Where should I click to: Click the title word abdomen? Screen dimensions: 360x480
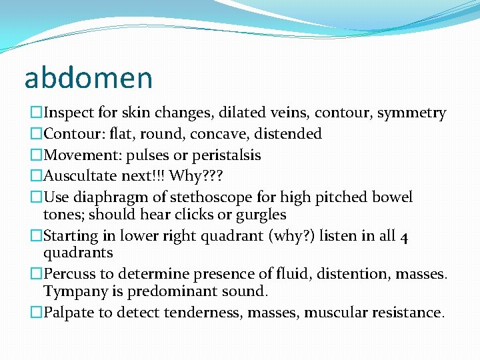(x=88, y=77)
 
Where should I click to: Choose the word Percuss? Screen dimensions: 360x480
(x=69, y=273)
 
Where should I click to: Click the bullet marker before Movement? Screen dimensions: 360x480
(x=36, y=155)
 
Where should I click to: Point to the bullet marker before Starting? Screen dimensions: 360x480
(x=36, y=236)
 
